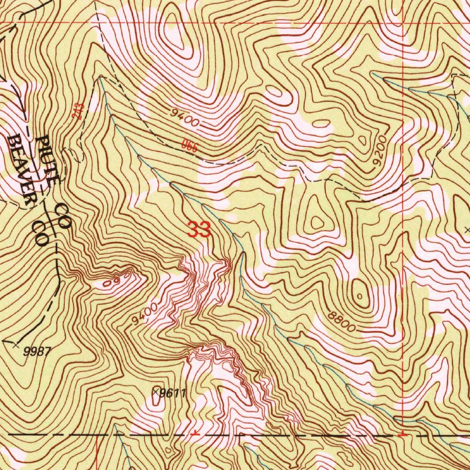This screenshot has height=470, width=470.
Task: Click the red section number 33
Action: [x=199, y=229]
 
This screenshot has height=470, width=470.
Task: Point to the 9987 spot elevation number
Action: [x=36, y=352]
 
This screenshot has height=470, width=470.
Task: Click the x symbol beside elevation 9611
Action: [x=156, y=392]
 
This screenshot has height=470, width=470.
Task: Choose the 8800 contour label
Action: [x=342, y=321]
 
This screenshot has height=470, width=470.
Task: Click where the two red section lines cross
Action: [x=403, y=22]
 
